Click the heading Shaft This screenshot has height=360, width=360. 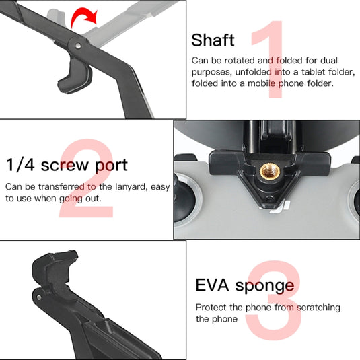(213, 40)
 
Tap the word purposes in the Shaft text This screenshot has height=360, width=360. (211, 72)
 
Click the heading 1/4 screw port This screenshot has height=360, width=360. (67, 165)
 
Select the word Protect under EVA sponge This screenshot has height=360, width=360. (211, 307)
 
